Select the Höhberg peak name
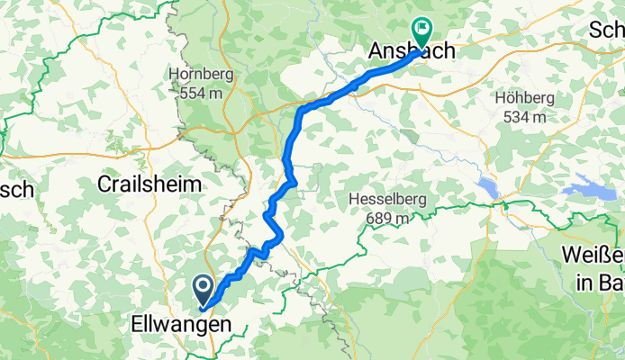(521, 98)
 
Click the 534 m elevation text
(521, 116)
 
